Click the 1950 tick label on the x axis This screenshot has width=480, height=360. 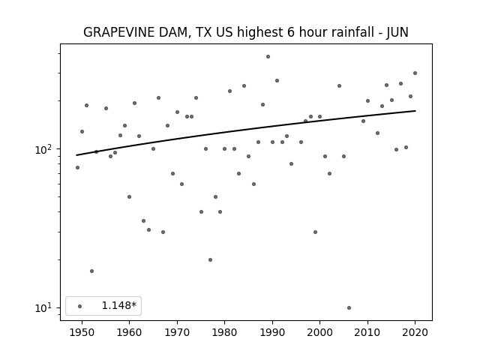click(82, 332)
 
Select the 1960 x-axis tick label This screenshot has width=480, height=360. click(129, 332)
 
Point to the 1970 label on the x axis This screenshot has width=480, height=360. click(177, 332)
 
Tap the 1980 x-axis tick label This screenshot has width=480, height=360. click(224, 332)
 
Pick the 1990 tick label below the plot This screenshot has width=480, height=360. click(272, 332)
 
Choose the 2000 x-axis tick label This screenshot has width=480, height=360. click(319, 332)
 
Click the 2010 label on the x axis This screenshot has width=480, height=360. click(367, 332)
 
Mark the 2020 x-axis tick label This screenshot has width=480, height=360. click(415, 332)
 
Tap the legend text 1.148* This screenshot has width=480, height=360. click(118, 305)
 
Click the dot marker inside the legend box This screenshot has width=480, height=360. click(80, 306)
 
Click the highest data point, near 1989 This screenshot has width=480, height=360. click(268, 57)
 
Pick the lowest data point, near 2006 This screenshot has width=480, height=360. click(349, 307)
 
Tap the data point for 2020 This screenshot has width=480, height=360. click(415, 73)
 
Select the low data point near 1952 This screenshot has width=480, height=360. click(91, 271)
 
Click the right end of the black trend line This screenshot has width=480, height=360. click(415, 111)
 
